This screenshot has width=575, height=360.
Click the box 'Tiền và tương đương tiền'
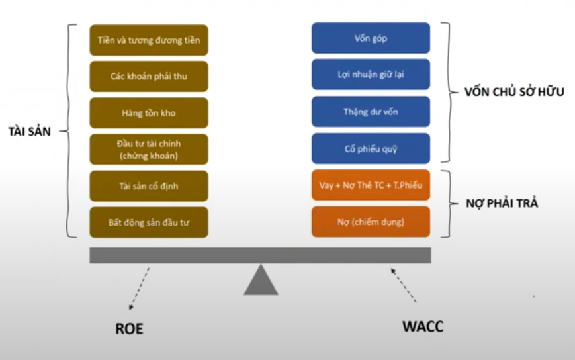149,40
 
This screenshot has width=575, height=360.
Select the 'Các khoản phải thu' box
149,77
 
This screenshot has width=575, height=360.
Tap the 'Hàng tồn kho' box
149,113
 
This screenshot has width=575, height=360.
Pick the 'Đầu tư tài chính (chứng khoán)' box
149,150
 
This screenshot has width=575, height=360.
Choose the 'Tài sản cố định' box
149,186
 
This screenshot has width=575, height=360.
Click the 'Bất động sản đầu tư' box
149,222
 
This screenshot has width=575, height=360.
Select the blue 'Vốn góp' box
371,38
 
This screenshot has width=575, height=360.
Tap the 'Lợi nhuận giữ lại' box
371,74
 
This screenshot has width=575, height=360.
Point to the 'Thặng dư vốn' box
371,112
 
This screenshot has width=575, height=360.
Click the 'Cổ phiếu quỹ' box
371,148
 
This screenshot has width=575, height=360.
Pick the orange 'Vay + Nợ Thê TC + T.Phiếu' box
371,185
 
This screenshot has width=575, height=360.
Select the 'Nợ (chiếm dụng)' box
371,222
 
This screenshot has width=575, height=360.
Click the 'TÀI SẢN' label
26,131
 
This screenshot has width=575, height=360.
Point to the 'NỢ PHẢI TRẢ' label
504,203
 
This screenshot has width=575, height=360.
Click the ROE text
129,328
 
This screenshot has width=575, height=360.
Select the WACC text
422,326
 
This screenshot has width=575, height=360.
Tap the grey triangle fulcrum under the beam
261,281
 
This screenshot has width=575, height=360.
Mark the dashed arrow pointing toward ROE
140,289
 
